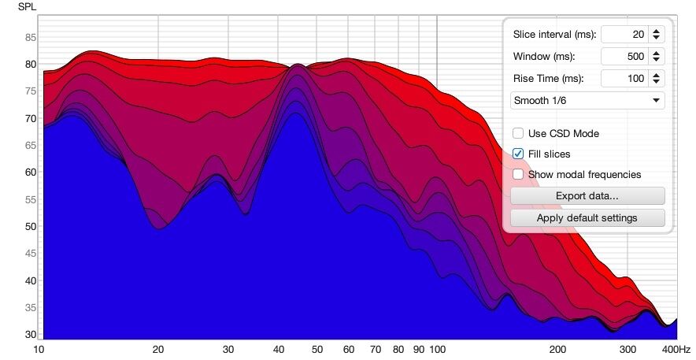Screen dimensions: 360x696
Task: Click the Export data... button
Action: (587, 195)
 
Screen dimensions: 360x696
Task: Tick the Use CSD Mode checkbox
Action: (518, 134)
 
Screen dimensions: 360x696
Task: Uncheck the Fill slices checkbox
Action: (518, 154)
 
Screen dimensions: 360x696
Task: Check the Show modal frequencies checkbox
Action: (518, 175)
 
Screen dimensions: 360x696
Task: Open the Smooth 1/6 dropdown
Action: (587, 101)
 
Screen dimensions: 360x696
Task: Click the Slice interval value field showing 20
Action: (624, 35)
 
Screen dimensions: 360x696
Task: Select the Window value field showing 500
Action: (624, 57)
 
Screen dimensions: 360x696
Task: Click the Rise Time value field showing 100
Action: (624, 79)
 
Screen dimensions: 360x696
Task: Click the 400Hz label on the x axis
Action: (676, 349)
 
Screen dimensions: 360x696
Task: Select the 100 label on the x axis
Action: (438, 349)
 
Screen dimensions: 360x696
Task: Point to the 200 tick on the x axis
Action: (557, 349)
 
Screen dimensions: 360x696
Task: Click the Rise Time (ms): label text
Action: (549, 79)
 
